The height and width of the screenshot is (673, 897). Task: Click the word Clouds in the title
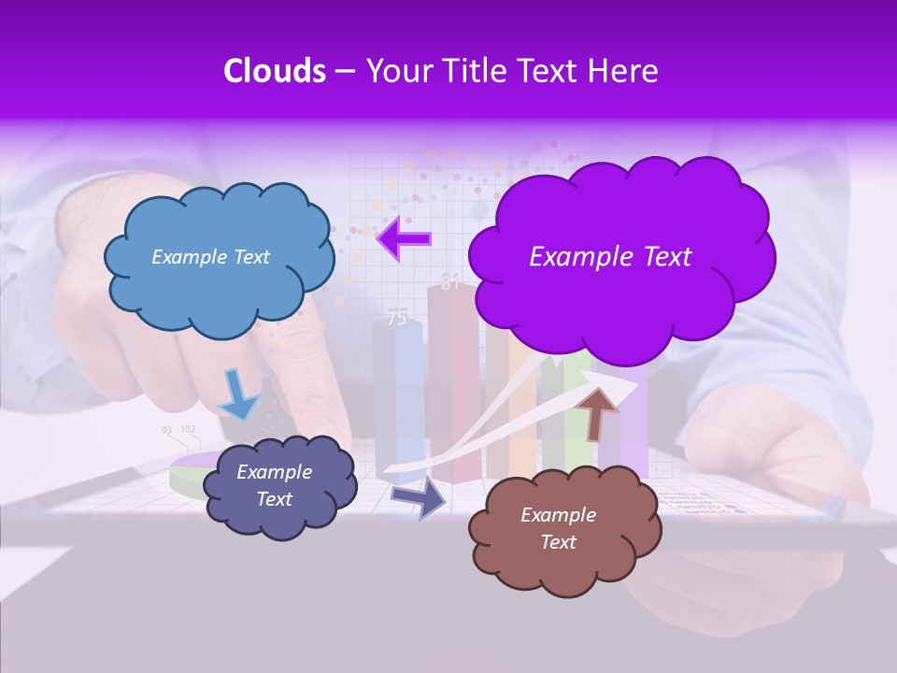tap(274, 71)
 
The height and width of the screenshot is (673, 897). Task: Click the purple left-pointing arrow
tap(403, 239)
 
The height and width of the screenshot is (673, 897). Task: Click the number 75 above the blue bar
tap(397, 319)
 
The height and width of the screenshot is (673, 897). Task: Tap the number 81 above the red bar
tap(450, 283)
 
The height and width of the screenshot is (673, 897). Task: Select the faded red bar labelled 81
tap(450, 393)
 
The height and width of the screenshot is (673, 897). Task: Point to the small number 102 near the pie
tap(188, 430)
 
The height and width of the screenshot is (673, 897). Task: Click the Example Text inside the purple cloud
tap(610, 257)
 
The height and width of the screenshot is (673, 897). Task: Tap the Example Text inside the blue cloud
tap(210, 257)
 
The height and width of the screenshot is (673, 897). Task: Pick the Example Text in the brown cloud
tap(558, 528)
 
